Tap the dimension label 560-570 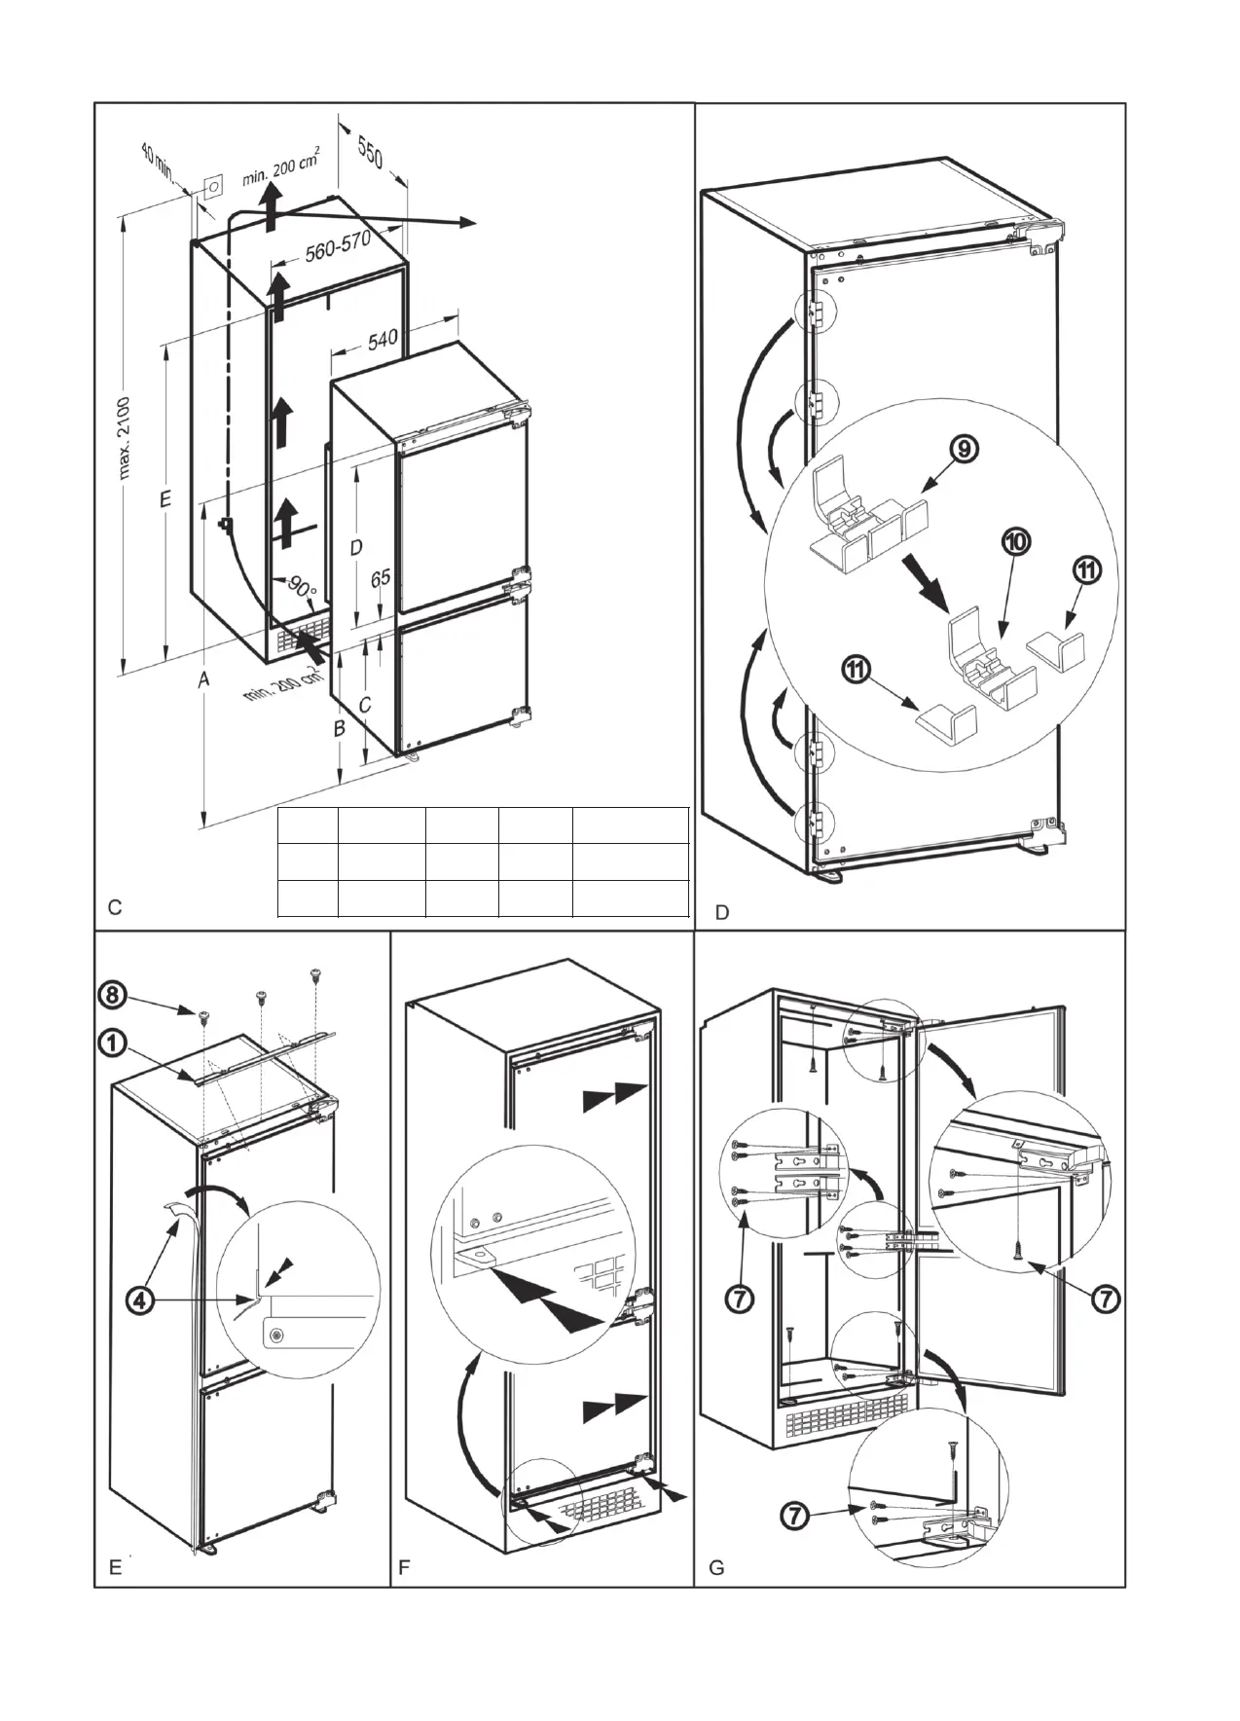coord(338,247)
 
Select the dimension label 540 coord(383,339)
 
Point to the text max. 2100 coord(128,438)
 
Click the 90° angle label coord(302,587)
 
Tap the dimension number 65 coord(381,578)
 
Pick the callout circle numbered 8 coord(115,995)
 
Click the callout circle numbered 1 coord(115,1044)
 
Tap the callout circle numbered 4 coord(140,1300)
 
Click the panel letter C coord(115,908)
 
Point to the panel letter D coord(721,913)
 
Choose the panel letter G coord(716,1568)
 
